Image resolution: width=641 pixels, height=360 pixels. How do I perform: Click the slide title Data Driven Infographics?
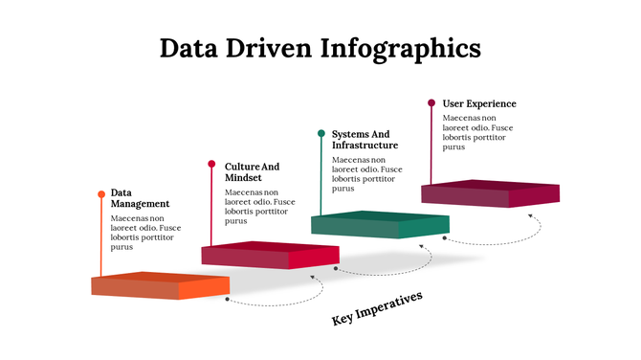pyautogui.click(x=320, y=47)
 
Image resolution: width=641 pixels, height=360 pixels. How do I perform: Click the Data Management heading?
pyautogui.click(x=140, y=197)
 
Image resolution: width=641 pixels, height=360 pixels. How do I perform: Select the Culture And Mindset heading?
pyautogui.click(x=253, y=172)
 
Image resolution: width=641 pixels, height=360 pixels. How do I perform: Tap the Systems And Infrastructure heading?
pyautogui.click(x=365, y=139)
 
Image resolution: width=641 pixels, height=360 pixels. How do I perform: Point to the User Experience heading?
pyautogui.click(x=479, y=103)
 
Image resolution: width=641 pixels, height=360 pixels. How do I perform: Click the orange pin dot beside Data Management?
pyautogui.click(x=101, y=194)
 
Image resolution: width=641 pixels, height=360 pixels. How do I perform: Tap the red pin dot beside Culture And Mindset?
pyautogui.click(x=212, y=164)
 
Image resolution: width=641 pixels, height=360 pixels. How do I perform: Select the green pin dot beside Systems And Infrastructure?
pyautogui.click(x=321, y=133)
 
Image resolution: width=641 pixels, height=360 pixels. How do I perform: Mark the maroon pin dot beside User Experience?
pyautogui.click(x=431, y=102)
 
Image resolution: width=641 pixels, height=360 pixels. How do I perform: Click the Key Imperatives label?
pyautogui.click(x=377, y=308)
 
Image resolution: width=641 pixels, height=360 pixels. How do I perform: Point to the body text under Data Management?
pyautogui.click(x=145, y=233)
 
